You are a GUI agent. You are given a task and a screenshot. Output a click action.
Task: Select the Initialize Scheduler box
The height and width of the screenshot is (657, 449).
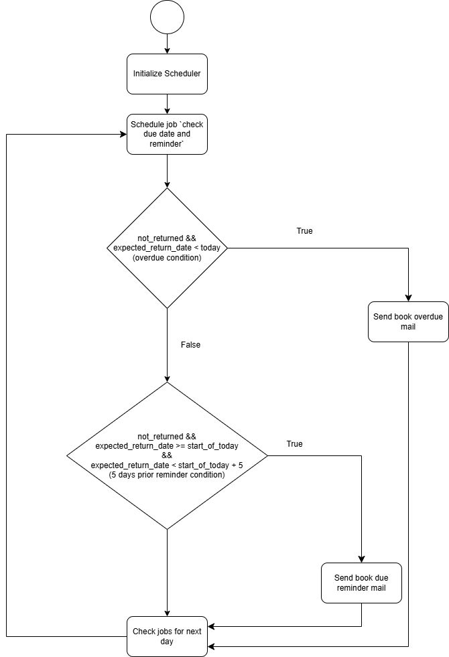pos(167,74)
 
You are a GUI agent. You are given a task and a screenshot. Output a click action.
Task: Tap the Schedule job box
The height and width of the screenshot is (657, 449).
pos(167,134)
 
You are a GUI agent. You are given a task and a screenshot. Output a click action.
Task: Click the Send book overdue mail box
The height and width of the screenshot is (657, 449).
pos(408,322)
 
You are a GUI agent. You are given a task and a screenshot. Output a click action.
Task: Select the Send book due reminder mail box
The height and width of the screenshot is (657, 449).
pos(362,583)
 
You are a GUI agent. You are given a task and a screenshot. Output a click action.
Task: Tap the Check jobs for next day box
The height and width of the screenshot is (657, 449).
pos(167,636)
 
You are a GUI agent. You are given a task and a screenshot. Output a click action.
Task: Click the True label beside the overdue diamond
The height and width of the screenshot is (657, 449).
pos(304,231)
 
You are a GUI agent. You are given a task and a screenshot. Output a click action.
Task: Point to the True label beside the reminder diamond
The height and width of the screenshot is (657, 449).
pos(294,444)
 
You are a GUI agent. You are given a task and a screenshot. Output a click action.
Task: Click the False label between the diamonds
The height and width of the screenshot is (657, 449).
pos(190,345)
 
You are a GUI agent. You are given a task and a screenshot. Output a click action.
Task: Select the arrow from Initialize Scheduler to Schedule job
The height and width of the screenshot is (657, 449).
pos(167,104)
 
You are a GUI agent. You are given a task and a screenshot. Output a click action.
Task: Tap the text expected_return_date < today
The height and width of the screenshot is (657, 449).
pos(167,248)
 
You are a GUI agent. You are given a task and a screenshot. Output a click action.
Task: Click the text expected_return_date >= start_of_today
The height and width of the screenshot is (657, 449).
pos(167,445)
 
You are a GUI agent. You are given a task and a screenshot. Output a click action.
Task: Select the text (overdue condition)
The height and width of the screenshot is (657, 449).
pos(167,258)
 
